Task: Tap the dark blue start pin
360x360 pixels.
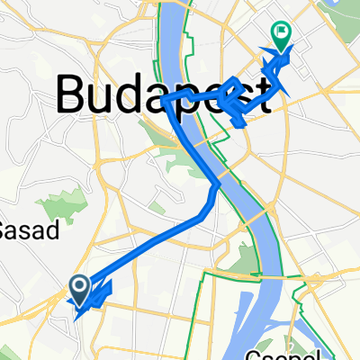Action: [78, 288]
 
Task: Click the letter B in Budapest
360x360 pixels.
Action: [75, 92]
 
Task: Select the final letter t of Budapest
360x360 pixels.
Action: [262, 92]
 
